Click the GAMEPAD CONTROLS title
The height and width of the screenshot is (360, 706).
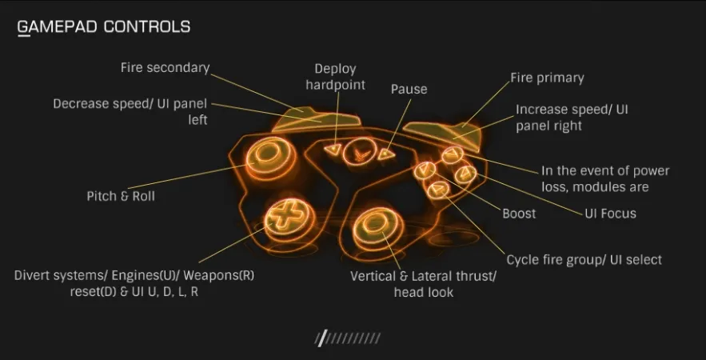tap(104, 27)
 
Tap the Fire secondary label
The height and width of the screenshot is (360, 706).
tap(166, 68)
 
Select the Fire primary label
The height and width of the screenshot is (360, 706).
tap(547, 78)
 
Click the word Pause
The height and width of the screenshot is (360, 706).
tap(409, 90)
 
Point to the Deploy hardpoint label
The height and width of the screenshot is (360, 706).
tap(336, 77)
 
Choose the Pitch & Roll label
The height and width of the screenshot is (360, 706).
tap(121, 197)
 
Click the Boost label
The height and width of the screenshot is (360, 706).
tap(519, 214)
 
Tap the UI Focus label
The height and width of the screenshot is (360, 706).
tap(610, 213)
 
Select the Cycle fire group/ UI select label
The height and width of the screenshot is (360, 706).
tap(584, 260)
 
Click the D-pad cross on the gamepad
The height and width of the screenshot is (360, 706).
tap(283, 217)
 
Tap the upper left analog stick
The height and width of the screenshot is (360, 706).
tap(265, 154)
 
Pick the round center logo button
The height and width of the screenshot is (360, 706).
tap(358, 153)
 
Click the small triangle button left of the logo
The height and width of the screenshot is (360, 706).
tap(333, 149)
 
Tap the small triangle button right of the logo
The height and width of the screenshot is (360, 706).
tap(385, 154)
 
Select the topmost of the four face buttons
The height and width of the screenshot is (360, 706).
tap(452, 155)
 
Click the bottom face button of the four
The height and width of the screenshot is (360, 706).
tap(438, 190)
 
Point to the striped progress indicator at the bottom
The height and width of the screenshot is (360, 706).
tap(348, 338)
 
